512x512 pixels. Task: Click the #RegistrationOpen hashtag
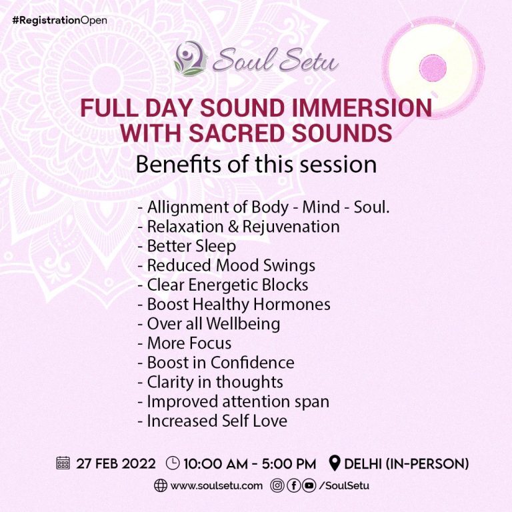59,20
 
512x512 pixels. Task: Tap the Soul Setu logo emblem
190,59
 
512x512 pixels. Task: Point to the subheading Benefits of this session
256,164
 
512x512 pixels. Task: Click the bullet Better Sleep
187,246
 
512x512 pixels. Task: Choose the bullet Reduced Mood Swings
226,265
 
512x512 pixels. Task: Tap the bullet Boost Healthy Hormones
234,304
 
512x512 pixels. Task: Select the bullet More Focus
185,343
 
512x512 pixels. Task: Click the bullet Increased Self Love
212,421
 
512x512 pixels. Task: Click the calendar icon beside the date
63,463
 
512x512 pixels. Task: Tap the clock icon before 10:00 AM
173,463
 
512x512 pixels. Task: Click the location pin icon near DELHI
335,463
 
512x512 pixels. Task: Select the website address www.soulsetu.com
217,486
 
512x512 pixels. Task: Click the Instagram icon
277,486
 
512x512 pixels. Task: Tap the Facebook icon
293,486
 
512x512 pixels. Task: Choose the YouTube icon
309,486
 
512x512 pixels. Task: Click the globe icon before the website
160,486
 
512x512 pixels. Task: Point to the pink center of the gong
433,69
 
